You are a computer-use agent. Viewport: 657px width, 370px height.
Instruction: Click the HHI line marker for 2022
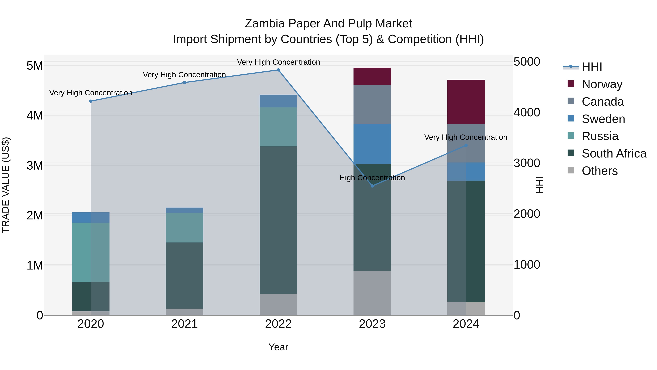[278, 70]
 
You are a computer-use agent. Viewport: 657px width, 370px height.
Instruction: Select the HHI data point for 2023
[372, 186]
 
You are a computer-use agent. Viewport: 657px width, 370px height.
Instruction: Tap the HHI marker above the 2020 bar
[91, 101]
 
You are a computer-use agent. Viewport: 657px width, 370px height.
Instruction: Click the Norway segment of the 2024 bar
[466, 102]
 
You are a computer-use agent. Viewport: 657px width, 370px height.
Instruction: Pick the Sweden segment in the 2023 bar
[372, 144]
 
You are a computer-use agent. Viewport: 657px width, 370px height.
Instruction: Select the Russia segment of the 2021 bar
[184, 227]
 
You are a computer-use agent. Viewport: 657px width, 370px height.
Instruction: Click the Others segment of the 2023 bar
[372, 293]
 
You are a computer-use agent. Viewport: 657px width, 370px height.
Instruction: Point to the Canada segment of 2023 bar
[372, 105]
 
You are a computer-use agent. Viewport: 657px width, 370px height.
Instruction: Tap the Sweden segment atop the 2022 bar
[278, 101]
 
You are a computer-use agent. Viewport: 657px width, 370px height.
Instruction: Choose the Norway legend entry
[602, 84]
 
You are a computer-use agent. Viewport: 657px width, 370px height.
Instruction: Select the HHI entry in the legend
[592, 67]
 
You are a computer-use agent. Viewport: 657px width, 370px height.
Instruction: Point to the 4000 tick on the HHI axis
[527, 112]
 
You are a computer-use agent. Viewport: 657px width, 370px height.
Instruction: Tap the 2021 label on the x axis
[184, 324]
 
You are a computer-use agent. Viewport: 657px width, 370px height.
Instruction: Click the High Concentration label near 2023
[372, 178]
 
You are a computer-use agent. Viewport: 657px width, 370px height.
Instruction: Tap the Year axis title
[278, 347]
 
